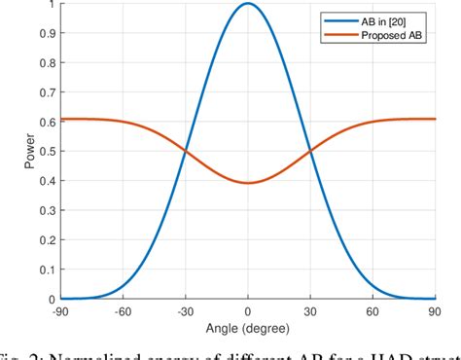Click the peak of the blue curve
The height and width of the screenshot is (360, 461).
click(248, 4)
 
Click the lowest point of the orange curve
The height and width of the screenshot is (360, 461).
click(248, 183)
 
